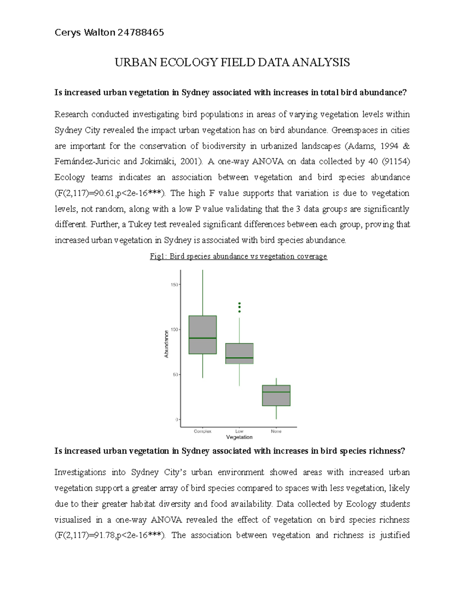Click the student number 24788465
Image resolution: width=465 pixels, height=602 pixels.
click(141, 33)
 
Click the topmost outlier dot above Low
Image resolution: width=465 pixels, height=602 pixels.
click(239, 304)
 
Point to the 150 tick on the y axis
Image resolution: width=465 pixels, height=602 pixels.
click(174, 285)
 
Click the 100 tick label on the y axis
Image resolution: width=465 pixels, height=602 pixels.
click(174, 329)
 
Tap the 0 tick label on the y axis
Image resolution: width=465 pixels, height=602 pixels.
click(176, 419)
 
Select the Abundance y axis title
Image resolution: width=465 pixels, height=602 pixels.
click(166, 344)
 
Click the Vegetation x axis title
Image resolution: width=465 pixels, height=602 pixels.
click(239, 437)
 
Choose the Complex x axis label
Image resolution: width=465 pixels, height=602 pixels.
click(203, 431)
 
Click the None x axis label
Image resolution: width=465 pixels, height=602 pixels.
click(276, 431)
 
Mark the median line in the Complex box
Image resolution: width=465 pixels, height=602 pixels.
click(203, 338)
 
